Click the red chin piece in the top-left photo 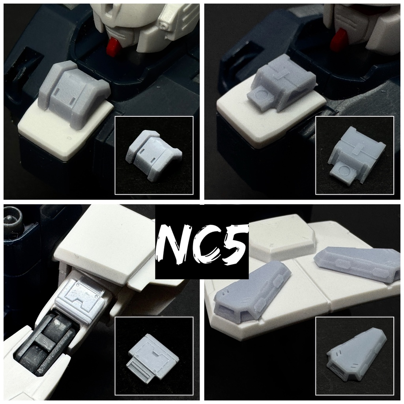(114, 47)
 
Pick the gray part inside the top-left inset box (154, 156)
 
